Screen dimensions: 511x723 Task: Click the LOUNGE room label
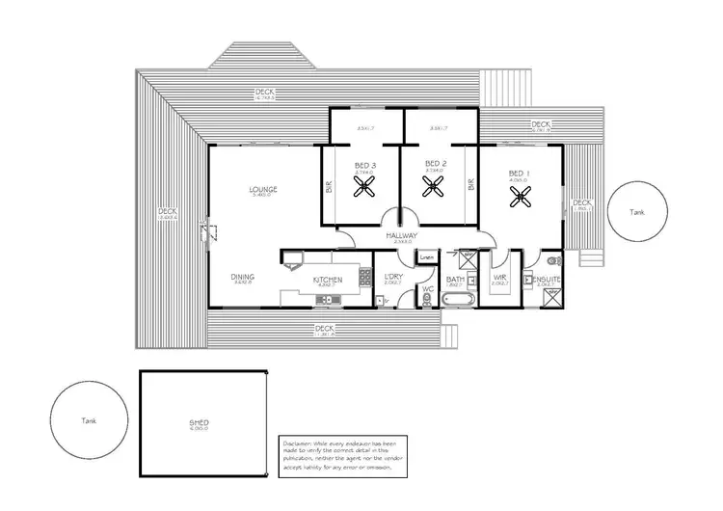263,190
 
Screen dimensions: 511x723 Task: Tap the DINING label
242,277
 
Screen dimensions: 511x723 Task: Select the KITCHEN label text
328,281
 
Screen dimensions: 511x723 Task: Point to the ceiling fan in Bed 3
364,189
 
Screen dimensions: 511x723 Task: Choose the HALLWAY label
400,236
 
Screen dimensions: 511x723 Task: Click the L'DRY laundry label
392,278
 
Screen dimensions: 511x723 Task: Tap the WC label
428,286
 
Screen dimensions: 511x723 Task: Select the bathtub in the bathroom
456,301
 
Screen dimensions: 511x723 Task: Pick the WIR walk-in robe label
500,279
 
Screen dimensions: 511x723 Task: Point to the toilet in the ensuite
552,261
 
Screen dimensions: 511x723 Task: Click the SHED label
200,423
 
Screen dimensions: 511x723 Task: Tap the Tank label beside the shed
88,420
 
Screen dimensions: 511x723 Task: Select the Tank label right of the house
637,212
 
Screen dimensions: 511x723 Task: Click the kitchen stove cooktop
364,279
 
